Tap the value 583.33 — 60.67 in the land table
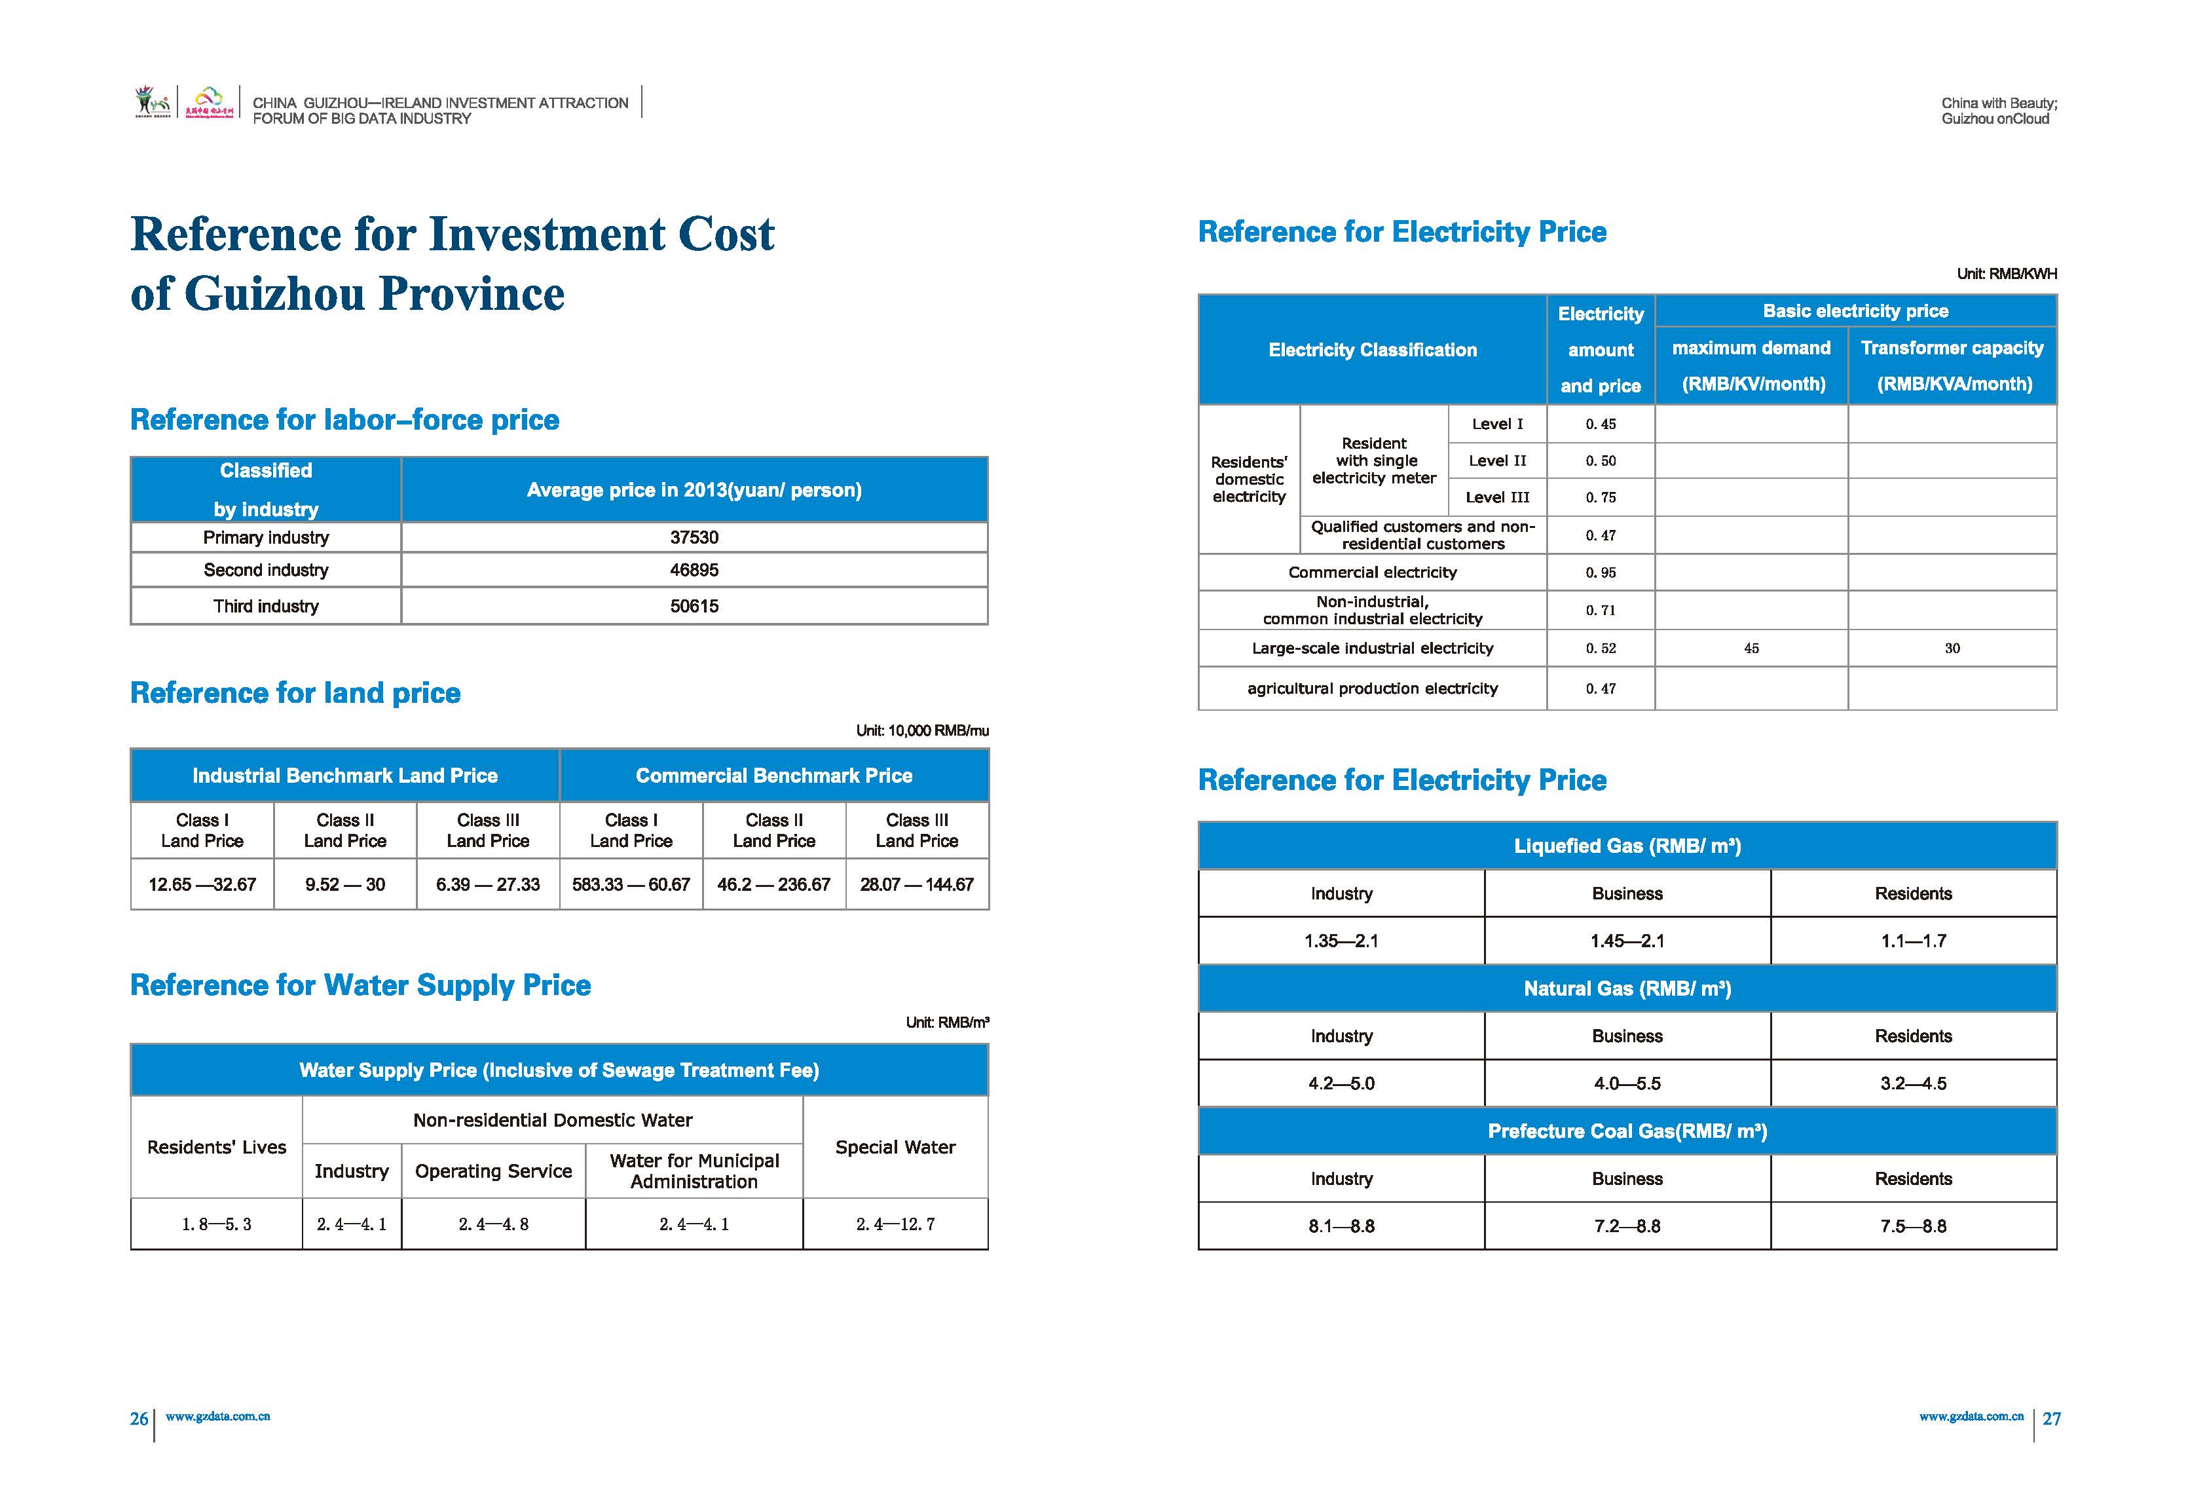click(631, 884)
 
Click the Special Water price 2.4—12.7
click(895, 1224)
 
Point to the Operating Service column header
click(493, 1171)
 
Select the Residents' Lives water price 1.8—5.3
click(217, 1224)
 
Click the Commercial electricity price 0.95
click(1601, 573)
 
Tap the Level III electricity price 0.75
click(1601, 497)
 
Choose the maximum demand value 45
click(1751, 648)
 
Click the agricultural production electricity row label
click(1372, 688)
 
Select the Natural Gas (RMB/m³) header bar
click(1627, 988)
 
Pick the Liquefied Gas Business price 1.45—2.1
click(1627, 941)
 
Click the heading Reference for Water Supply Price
click(361, 985)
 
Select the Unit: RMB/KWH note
click(2007, 274)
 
